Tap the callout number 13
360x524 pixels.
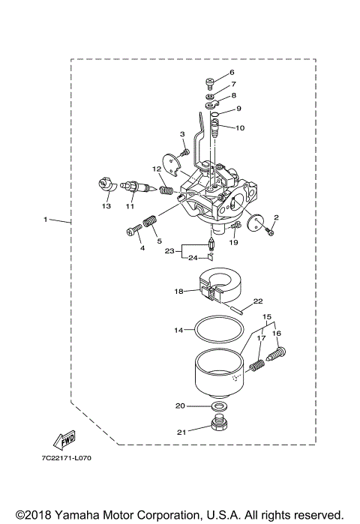point(106,205)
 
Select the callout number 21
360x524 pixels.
point(181,432)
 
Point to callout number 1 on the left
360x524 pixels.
point(46,220)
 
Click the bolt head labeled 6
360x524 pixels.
point(210,82)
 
